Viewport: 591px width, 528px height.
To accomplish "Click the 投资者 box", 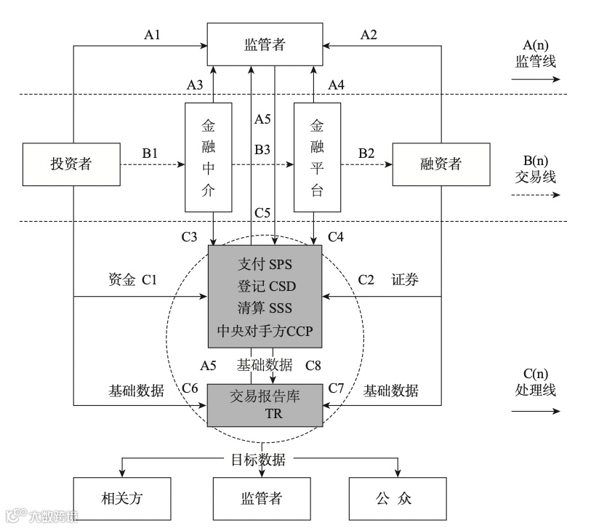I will click(x=71, y=164).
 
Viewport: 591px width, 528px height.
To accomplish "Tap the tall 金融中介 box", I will click(x=209, y=157).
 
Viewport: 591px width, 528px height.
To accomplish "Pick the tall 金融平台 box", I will click(x=317, y=157).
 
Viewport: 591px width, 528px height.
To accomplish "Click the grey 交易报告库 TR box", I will click(x=265, y=404).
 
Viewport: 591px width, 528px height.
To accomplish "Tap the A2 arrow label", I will click(x=370, y=34).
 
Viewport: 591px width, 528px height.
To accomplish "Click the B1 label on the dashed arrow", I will click(x=150, y=154).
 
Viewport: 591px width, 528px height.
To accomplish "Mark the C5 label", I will click(x=263, y=212).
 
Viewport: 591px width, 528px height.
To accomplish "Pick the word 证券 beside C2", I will click(x=405, y=280).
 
